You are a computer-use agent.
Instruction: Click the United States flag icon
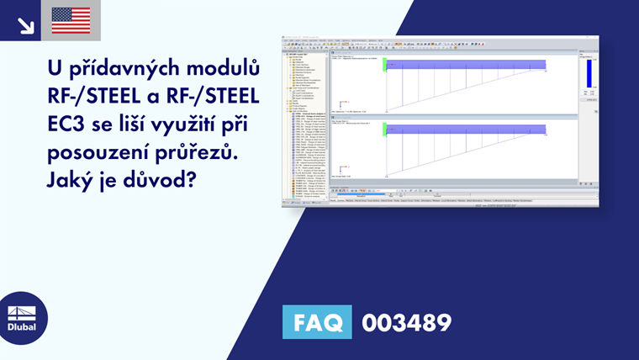coord(71,20)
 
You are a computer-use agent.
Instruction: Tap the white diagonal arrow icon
coord(25,24)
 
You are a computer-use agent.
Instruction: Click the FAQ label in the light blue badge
coord(319,323)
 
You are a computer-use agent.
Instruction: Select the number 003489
coord(406,323)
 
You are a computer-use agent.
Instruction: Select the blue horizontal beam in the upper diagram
coord(467,64)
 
